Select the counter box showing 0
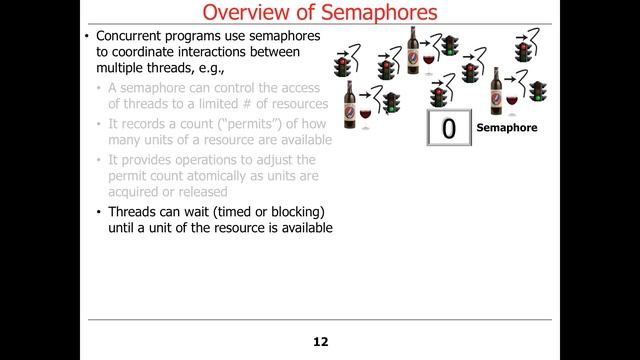click(x=448, y=128)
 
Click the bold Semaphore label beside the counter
click(x=507, y=128)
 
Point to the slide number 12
click(x=320, y=341)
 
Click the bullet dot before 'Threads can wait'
click(x=97, y=213)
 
